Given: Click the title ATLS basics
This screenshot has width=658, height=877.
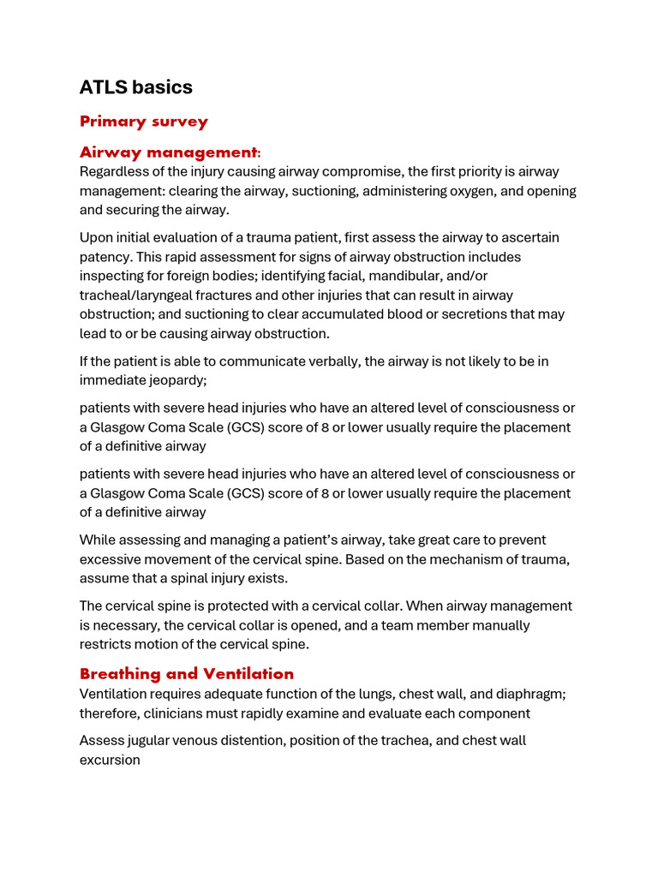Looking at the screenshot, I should (136, 87).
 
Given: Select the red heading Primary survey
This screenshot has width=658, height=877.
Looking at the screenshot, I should (144, 122).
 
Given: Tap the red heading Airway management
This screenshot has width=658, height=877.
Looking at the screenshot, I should (169, 152).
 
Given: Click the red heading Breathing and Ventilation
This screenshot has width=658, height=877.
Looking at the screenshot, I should (187, 674).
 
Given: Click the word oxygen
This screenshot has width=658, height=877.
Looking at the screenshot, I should (466, 191).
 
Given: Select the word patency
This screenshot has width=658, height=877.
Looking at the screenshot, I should (106, 257).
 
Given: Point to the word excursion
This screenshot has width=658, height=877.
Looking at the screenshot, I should (110, 760).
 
